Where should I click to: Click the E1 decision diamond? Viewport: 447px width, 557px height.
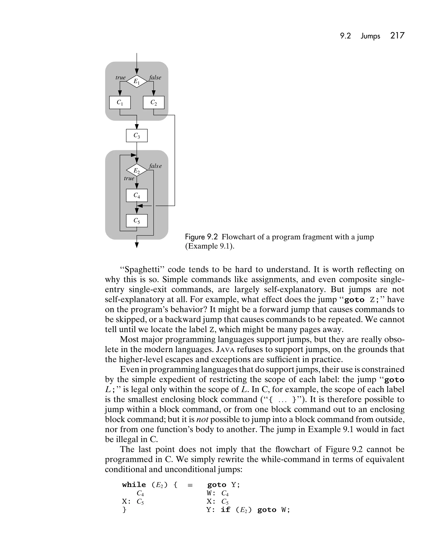(x=137, y=81)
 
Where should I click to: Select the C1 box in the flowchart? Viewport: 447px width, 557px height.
(x=120, y=102)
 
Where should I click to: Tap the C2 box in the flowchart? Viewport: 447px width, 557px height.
(x=154, y=102)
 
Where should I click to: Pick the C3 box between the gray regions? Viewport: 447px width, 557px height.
(x=137, y=136)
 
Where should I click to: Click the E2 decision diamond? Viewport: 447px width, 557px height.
(x=137, y=170)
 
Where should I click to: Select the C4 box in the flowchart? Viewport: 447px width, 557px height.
(x=137, y=196)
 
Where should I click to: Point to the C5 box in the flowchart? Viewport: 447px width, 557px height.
(x=137, y=221)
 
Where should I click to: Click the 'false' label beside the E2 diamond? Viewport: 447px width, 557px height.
(x=155, y=166)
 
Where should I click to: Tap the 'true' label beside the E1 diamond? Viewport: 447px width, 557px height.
(x=120, y=78)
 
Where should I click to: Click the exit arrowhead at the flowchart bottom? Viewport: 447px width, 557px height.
(x=137, y=245)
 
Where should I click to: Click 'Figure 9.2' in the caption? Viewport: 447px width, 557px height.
(x=201, y=237)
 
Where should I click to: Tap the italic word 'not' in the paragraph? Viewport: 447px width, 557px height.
(x=202, y=419)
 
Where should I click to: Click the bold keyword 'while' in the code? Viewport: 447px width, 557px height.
(x=134, y=485)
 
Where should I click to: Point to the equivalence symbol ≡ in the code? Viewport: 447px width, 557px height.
(x=190, y=485)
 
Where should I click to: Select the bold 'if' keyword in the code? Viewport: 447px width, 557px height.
(x=225, y=510)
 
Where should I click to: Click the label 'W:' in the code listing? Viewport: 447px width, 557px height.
(x=211, y=493)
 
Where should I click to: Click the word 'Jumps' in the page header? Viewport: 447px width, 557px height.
(x=370, y=36)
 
